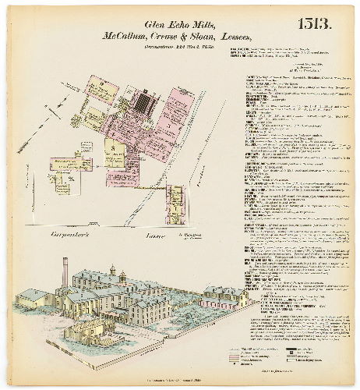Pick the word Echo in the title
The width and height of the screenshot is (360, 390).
click(171, 22)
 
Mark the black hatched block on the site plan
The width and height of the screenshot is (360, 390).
click(144, 101)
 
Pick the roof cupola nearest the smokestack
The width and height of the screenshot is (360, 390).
click(111, 272)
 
